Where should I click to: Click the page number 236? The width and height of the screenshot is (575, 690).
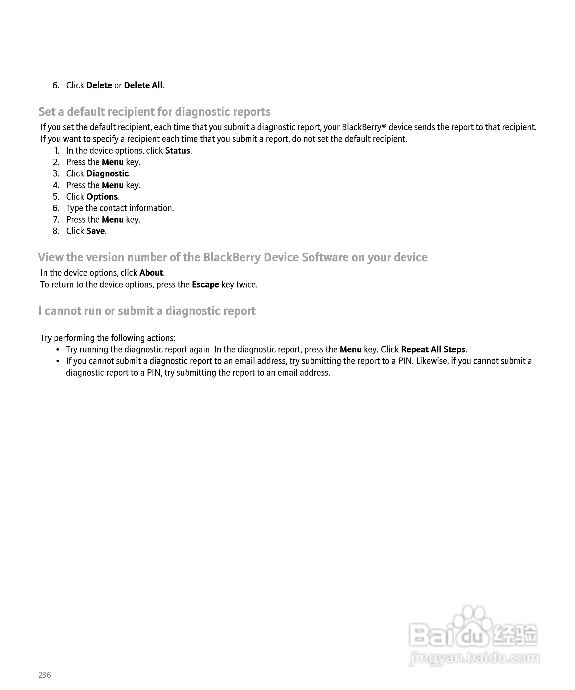click(x=45, y=675)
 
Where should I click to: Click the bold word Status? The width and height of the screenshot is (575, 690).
click(x=178, y=150)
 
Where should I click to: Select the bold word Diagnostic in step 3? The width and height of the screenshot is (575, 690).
click(x=108, y=174)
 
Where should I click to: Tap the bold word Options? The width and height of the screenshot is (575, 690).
click(x=102, y=196)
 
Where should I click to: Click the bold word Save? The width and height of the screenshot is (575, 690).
click(x=95, y=231)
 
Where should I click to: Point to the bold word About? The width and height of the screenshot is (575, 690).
click(x=151, y=273)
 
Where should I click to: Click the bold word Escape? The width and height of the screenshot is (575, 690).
click(x=205, y=284)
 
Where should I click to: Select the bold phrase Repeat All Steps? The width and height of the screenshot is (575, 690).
click(x=433, y=349)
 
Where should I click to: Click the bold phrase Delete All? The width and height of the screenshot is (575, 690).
click(x=143, y=85)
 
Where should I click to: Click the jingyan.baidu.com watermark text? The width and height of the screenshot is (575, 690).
click(x=474, y=658)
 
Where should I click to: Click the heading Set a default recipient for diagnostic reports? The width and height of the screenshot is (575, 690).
click(x=154, y=112)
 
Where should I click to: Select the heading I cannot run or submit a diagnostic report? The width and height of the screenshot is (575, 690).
click(x=147, y=311)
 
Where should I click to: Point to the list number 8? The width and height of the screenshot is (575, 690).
click(x=56, y=231)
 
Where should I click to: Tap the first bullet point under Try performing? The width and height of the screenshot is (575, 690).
click(x=58, y=350)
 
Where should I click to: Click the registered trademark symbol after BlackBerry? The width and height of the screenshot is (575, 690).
click(x=384, y=125)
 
